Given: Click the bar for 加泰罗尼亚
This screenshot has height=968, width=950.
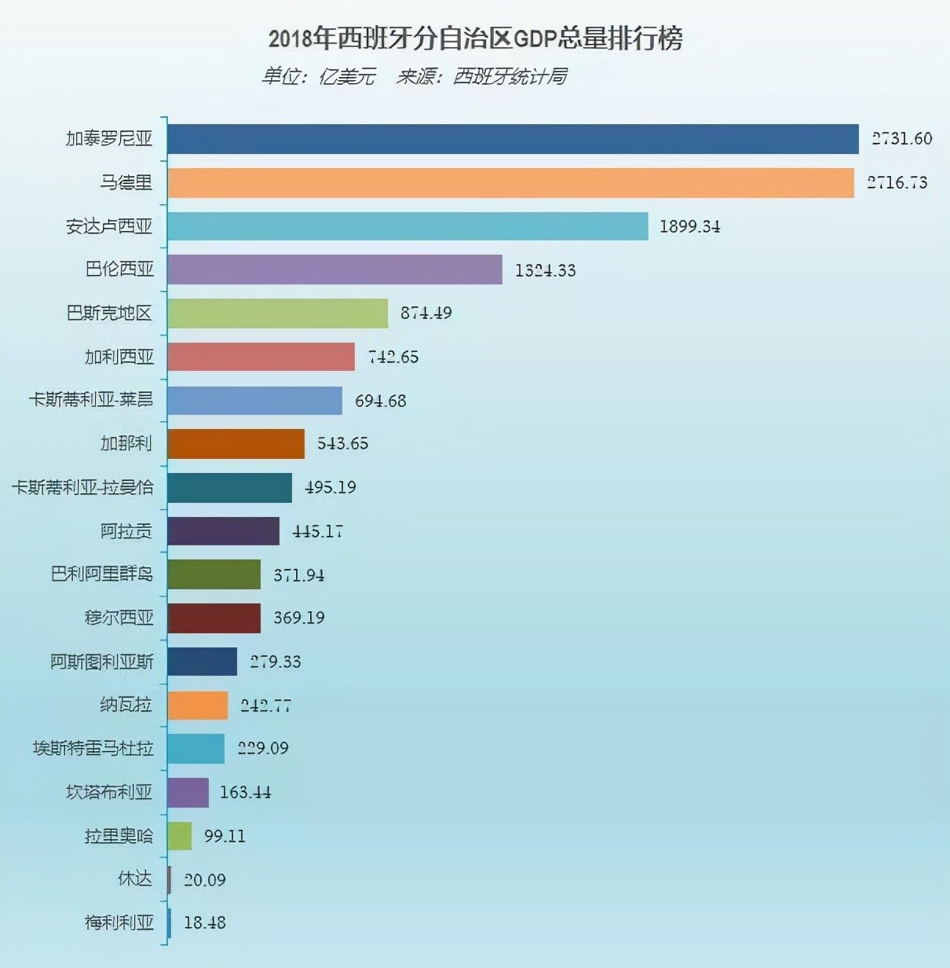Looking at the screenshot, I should (513, 139).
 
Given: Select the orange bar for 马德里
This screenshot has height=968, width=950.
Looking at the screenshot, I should (510, 182).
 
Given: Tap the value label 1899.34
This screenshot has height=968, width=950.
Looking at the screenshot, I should (689, 226).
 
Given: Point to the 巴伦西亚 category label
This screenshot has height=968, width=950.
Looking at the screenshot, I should (119, 269).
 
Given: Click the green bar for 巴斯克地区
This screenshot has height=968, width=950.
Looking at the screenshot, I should (277, 313).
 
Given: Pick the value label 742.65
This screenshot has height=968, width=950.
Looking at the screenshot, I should (393, 357).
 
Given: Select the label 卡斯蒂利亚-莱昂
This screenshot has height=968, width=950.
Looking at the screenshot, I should (91, 400).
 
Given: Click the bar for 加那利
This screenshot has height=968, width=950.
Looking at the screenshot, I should (236, 444).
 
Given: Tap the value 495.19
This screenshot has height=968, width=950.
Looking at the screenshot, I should (330, 487).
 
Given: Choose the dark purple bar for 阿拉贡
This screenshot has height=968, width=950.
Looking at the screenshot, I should (223, 531).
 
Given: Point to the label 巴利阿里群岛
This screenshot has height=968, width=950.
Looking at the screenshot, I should (102, 574).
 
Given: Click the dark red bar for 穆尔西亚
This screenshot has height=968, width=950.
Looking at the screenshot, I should (214, 618).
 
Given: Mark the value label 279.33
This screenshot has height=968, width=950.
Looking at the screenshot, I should (275, 662).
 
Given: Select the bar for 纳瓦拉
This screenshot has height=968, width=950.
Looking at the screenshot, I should (198, 706).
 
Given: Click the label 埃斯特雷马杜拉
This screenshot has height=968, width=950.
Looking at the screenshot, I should (93, 748).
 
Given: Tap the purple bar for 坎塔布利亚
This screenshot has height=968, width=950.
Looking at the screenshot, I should (188, 793).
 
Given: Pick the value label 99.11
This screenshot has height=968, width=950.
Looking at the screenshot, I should (225, 836).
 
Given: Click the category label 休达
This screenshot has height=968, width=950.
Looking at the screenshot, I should (135, 878).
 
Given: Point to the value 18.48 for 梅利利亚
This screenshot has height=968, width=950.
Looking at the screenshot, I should (204, 922).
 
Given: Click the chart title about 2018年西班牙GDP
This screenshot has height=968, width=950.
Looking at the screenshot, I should (475, 38).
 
